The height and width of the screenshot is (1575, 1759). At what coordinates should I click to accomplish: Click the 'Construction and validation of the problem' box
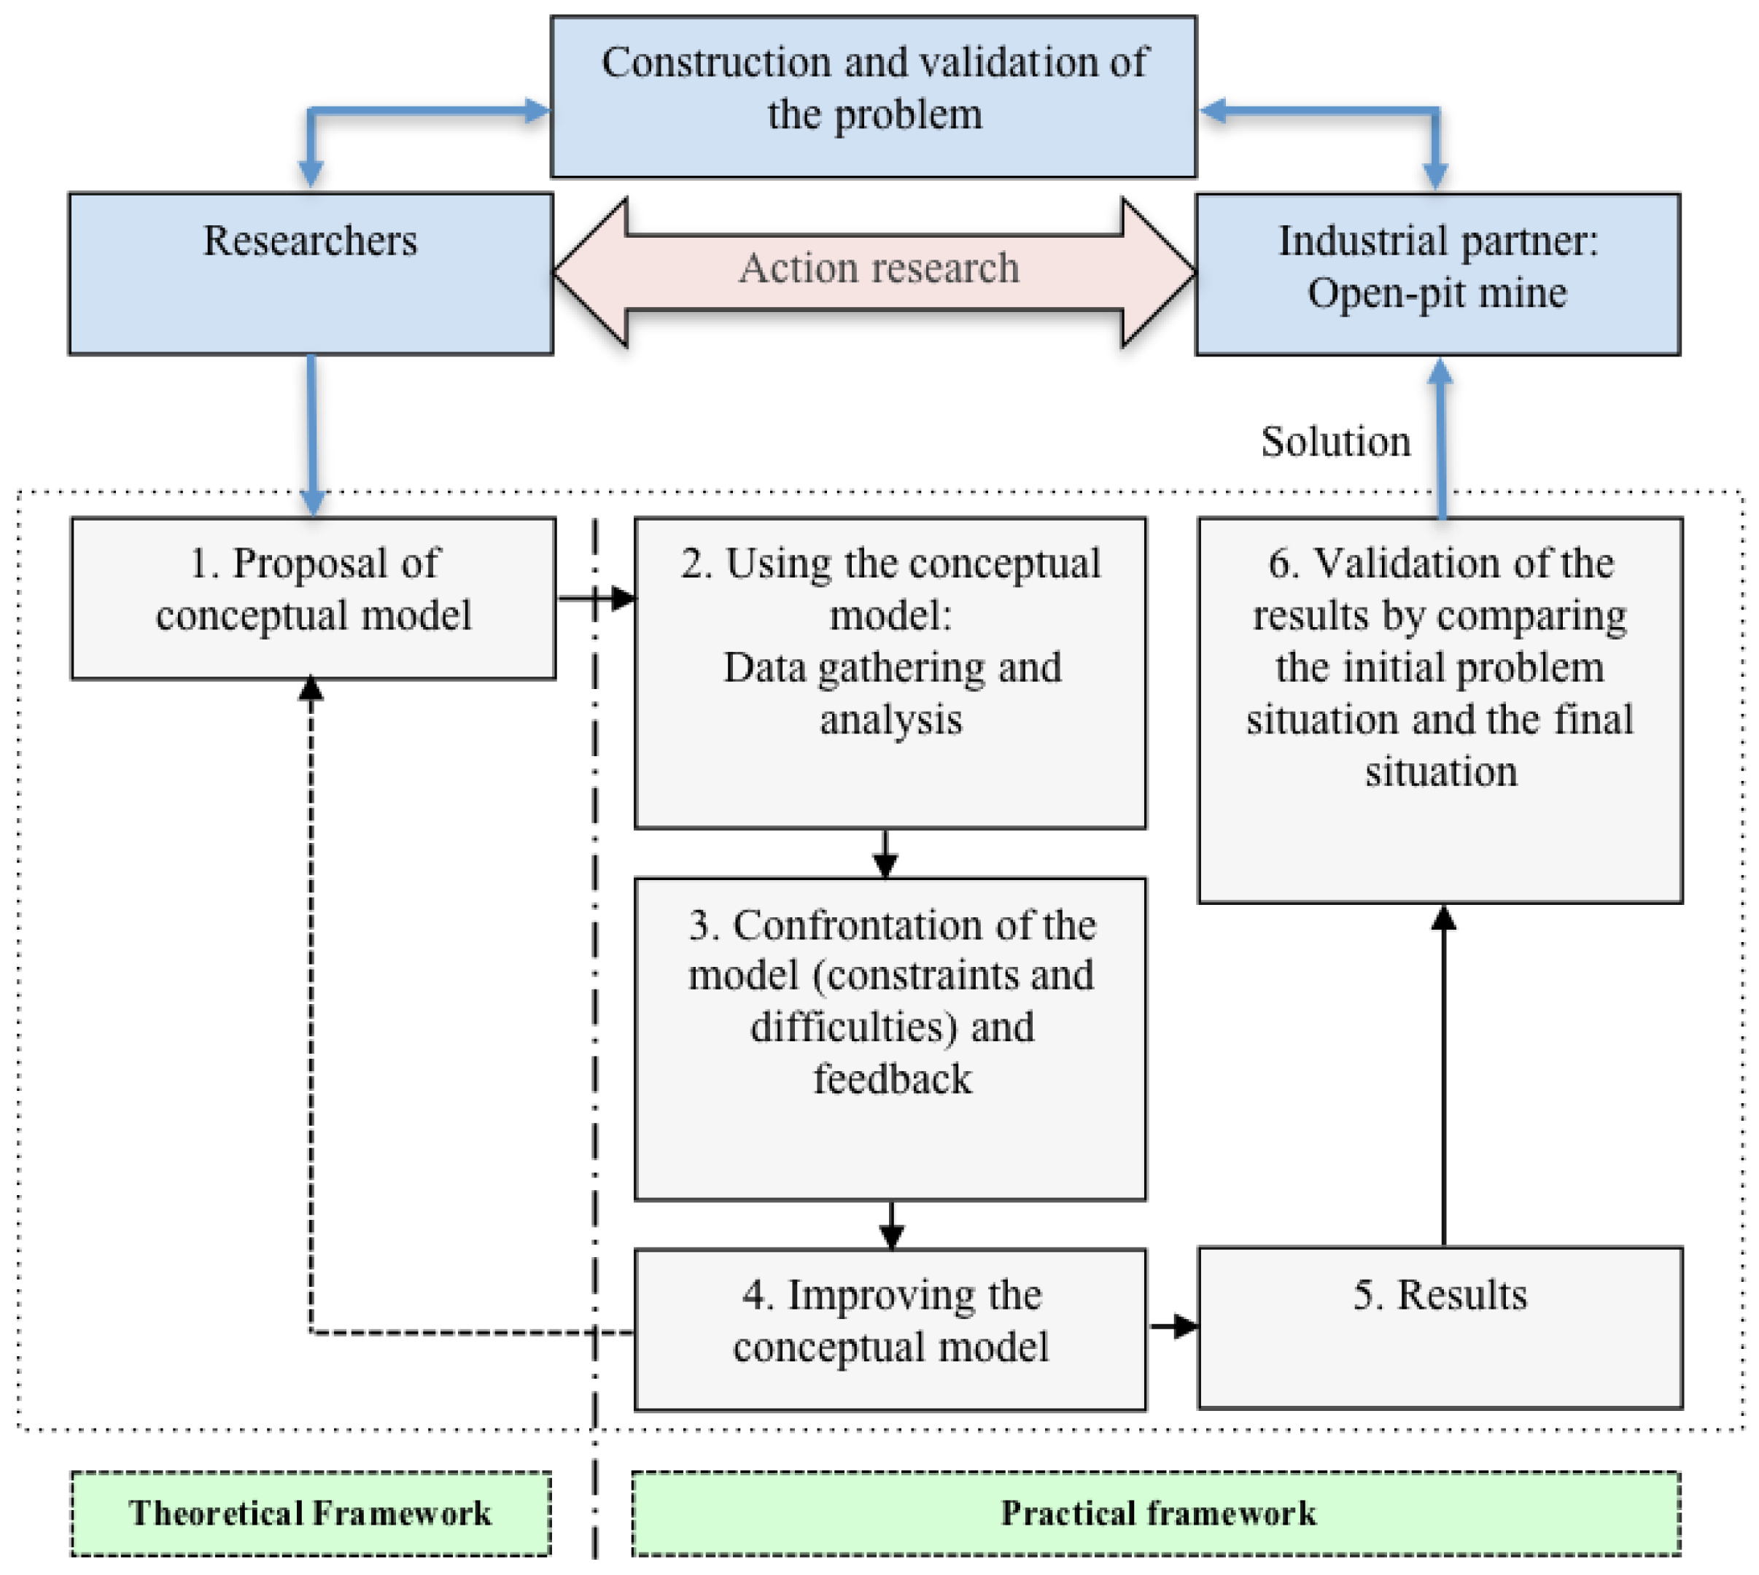point(874,96)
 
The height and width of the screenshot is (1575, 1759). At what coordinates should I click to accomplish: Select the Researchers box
point(311,273)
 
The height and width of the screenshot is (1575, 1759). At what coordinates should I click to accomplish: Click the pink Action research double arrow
point(874,272)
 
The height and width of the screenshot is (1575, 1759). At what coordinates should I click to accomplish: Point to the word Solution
point(1335,441)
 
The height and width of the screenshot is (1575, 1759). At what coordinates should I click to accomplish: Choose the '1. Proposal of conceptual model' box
point(314,598)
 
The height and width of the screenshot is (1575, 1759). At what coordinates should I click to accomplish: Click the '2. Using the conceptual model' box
point(890,672)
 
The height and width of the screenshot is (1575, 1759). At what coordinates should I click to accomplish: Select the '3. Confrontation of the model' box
point(890,1038)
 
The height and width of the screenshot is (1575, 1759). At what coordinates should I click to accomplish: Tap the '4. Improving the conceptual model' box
point(890,1329)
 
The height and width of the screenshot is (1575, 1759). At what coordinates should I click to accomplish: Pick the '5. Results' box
point(1440,1328)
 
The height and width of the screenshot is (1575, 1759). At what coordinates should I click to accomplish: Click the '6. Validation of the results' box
point(1440,709)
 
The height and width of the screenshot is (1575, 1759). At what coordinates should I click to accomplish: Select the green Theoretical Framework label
point(311,1514)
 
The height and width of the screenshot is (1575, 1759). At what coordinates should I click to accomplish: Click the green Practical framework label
point(1157,1514)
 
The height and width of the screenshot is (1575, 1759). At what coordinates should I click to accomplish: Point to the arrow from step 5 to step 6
point(1443,1075)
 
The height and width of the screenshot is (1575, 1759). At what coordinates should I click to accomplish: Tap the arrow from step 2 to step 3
point(885,854)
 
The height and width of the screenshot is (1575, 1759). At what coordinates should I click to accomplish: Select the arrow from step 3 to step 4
point(892,1224)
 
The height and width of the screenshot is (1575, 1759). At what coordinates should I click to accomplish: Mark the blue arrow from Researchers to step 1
point(311,436)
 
